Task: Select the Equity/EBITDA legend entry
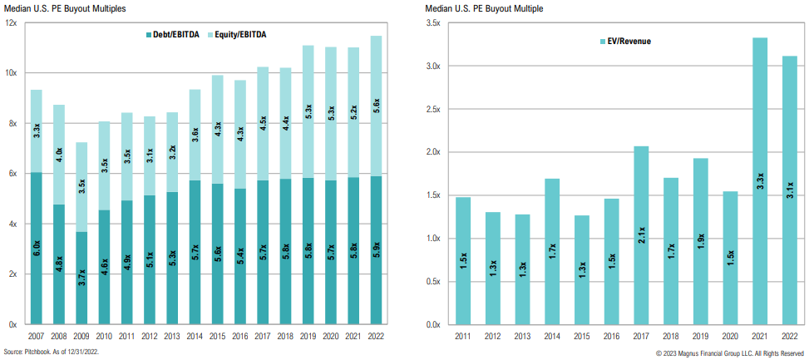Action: point(249,35)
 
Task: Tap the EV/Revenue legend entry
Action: point(626,41)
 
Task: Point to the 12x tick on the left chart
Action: point(12,22)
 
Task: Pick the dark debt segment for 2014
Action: point(195,252)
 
